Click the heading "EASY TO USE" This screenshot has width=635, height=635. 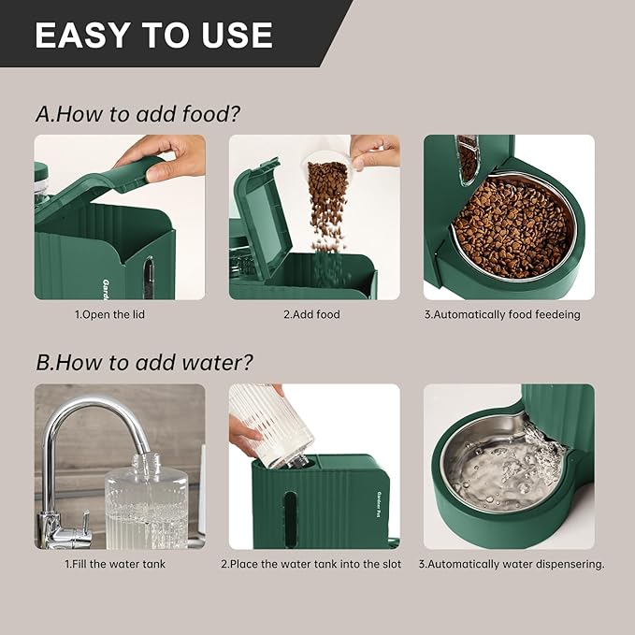tap(154, 35)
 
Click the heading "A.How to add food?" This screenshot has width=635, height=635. tap(137, 114)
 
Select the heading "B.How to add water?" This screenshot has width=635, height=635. tap(144, 362)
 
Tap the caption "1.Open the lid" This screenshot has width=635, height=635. tap(110, 315)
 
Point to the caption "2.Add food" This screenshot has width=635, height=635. tap(311, 315)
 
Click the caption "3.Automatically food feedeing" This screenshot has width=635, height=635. tap(501, 315)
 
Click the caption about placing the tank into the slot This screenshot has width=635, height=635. tap(311, 564)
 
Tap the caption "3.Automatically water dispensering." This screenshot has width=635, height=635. tap(511, 564)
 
